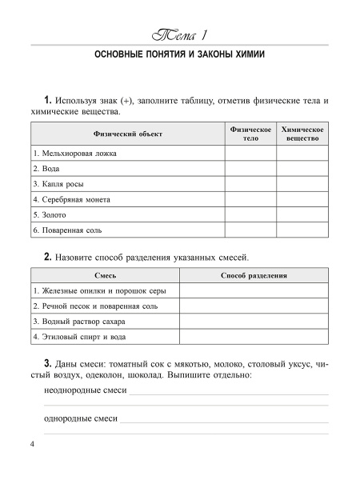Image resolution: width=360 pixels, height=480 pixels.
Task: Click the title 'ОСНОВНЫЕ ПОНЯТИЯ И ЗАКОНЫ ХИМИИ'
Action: pyautogui.click(x=179, y=58)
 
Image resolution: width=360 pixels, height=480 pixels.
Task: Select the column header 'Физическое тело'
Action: pyautogui.click(x=250, y=134)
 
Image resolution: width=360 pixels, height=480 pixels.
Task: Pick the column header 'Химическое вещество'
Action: pyautogui.click(x=302, y=134)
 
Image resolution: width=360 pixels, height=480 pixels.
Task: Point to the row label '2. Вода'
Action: pyautogui.click(x=46, y=169)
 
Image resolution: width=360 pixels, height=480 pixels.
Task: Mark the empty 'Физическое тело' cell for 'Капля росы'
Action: pyautogui.click(x=250, y=184)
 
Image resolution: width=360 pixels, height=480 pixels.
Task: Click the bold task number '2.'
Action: pyautogui.click(x=48, y=257)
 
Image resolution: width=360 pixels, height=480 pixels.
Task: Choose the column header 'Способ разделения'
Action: pyautogui.click(x=254, y=276)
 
